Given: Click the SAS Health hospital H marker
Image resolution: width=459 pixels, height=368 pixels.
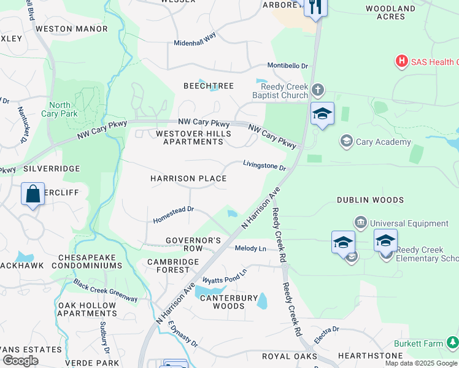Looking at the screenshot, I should click(x=402, y=61).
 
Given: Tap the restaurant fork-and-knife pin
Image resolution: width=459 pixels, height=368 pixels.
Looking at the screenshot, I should click(x=315, y=8).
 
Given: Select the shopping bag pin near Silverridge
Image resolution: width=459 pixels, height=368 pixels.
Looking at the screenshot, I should click(x=33, y=194).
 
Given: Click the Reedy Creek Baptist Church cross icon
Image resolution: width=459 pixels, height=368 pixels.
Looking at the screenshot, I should click(x=317, y=90).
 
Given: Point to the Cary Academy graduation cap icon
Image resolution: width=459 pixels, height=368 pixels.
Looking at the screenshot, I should click(x=347, y=142).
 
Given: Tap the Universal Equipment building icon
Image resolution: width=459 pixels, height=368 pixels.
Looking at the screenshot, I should click(x=360, y=221).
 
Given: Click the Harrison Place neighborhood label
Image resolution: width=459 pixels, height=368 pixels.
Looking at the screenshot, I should click(x=188, y=178).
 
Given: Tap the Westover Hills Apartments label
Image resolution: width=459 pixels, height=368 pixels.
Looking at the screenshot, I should click(x=189, y=137).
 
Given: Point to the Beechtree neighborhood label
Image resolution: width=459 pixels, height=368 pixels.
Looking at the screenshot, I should click(x=209, y=86).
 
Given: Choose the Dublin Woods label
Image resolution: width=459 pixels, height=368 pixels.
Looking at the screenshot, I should click(x=371, y=200).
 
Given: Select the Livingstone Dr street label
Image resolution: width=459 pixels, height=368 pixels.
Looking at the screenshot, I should click(x=264, y=166).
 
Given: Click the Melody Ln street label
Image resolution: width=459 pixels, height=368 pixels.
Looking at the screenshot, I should click(x=250, y=248).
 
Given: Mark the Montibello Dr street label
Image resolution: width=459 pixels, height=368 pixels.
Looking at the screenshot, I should click(x=287, y=66).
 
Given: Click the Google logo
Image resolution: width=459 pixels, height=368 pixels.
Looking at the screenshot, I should click(x=20, y=361).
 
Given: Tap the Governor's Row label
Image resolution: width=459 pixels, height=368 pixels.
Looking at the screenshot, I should click(x=193, y=244).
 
